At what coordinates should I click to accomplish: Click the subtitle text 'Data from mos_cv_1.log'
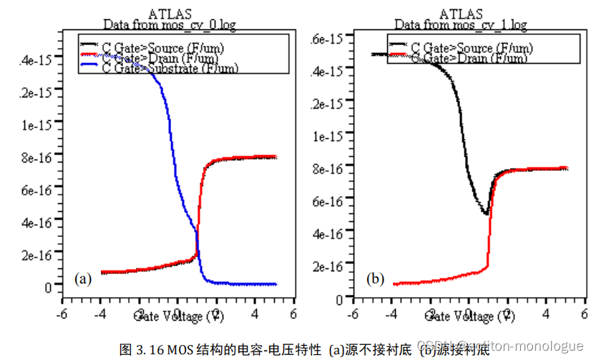460,25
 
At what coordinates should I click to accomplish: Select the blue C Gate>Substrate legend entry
170,68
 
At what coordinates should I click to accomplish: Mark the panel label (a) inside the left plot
83,278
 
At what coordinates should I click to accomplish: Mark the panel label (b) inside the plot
376,278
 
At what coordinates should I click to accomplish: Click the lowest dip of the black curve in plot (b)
487,213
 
